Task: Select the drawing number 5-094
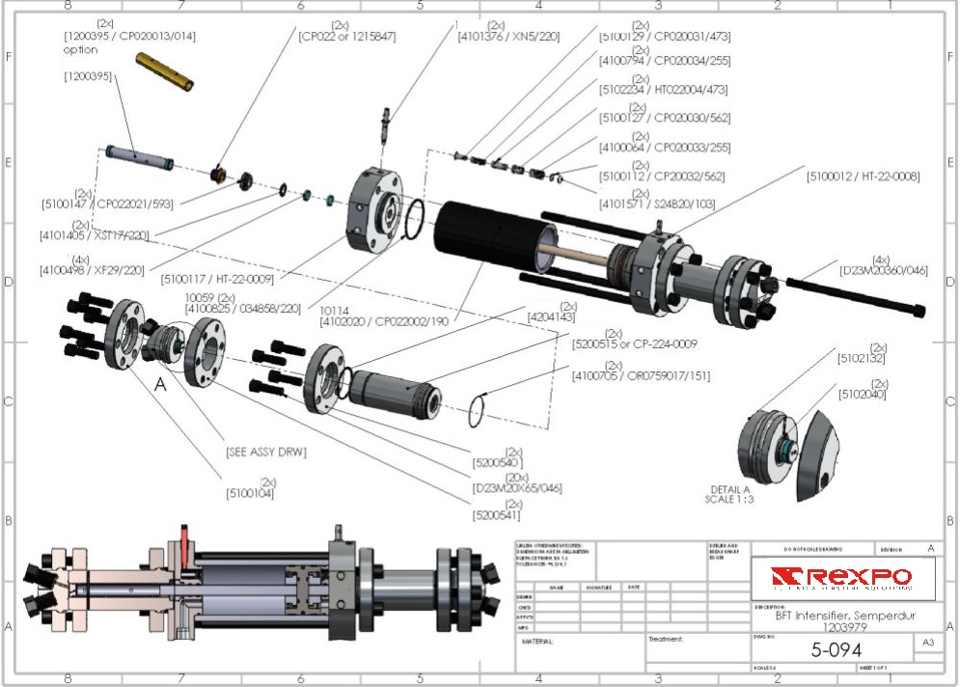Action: [836, 649]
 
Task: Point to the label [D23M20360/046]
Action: [884, 270]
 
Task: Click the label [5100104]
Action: [250, 493]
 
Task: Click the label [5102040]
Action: [862, 395]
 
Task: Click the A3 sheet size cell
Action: [927, 642]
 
